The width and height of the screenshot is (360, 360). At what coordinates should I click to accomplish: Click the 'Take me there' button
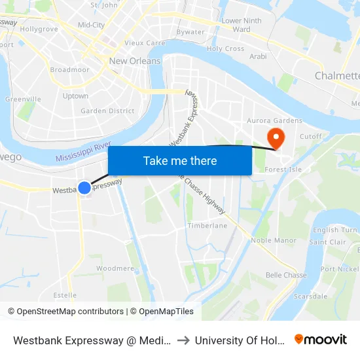180,160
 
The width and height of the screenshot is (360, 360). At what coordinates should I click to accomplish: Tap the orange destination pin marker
276,137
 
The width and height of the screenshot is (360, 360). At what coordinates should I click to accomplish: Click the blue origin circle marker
84,188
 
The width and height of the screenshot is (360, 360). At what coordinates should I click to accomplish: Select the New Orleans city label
135,61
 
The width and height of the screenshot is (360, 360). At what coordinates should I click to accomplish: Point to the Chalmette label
336,76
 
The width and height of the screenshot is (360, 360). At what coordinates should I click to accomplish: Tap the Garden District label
107,111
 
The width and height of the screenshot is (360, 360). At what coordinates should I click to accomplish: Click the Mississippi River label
83,154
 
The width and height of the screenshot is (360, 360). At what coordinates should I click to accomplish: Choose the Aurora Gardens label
274,120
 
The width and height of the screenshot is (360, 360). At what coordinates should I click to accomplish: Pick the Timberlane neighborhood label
207,226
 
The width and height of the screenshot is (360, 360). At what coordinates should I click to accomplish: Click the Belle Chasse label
286,275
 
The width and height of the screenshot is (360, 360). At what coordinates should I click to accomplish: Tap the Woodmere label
115,268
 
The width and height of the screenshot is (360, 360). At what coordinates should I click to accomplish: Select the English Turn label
334,230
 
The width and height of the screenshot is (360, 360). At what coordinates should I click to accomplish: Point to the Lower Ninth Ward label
242,25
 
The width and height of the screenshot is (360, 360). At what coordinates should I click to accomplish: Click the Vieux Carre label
145,43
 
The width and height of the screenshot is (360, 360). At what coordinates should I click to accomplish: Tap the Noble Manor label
274,240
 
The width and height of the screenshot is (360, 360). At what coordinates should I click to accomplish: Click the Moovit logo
320,340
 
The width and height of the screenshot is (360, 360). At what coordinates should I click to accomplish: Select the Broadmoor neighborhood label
69,69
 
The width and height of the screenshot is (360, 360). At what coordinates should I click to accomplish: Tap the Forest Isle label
282,170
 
